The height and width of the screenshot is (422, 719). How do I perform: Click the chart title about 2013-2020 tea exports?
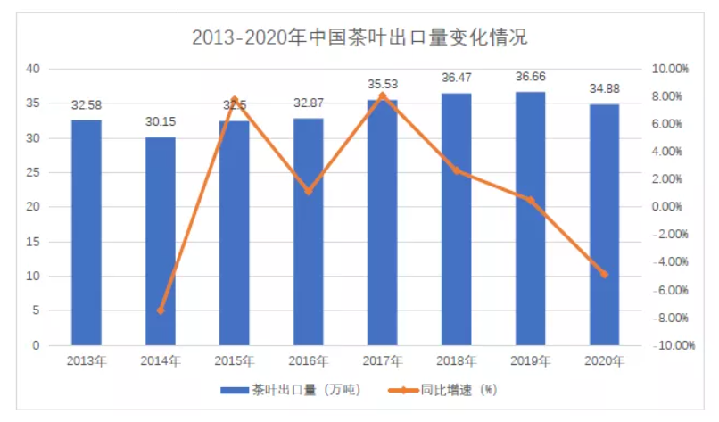point(359,38)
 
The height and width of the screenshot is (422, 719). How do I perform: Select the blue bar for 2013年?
point(87,232)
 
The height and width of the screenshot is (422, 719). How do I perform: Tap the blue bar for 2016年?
point(309,232)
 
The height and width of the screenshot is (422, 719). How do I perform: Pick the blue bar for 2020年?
point(604,225)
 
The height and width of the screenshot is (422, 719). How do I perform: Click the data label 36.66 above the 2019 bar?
point(530,78)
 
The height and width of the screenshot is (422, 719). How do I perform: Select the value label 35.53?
point(383,85)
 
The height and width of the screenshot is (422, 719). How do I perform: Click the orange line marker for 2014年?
point(161,310)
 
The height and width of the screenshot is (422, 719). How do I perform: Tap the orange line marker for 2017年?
point(383,95)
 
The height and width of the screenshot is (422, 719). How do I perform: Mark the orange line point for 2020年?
point(604,274)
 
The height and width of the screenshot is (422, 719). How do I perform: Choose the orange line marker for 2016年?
point(309,191)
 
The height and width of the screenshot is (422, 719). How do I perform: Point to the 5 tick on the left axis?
point(35,310)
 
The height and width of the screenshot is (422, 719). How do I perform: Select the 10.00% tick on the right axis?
point(666,69)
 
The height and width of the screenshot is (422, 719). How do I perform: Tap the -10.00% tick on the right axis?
point(666,345)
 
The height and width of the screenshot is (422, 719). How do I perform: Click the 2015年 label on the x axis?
point(235,361)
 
